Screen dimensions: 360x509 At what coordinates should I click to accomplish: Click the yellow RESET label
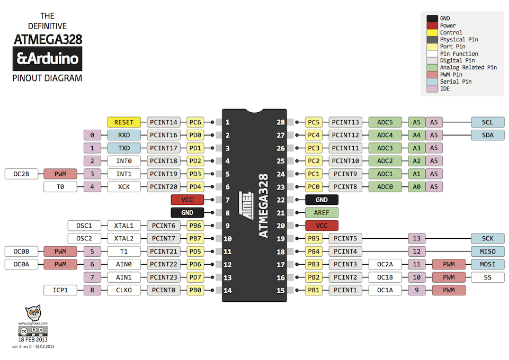[124, 122]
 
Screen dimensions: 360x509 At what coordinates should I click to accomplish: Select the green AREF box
[322, 212]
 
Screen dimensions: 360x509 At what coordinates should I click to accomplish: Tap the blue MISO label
[487, 251]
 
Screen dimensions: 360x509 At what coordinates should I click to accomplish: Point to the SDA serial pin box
[487, 135]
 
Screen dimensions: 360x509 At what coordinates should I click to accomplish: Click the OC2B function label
[21, 174]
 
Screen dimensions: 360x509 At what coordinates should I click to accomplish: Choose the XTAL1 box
[124, 226]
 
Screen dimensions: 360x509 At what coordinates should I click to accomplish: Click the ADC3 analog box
[385, 148]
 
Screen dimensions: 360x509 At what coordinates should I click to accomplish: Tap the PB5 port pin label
[314, 239]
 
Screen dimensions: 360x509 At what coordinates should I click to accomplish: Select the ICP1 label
[60, 290]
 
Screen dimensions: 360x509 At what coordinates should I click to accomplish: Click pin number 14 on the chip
[227, 290]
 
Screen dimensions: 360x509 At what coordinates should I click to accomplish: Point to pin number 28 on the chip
[281, 122]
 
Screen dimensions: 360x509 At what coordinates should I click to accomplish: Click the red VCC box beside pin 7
[187, 200]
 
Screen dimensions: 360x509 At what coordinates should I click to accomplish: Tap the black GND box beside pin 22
[322, 200]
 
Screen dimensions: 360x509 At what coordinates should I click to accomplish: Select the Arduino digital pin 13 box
[417, 239]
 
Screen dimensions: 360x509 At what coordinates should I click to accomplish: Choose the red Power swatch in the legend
[432, 25]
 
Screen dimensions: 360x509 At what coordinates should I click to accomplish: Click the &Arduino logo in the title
[48, 58]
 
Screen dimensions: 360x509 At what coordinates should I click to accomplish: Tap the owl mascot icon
[33, 313]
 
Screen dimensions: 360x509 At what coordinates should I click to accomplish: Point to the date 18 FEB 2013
[33, 339]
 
